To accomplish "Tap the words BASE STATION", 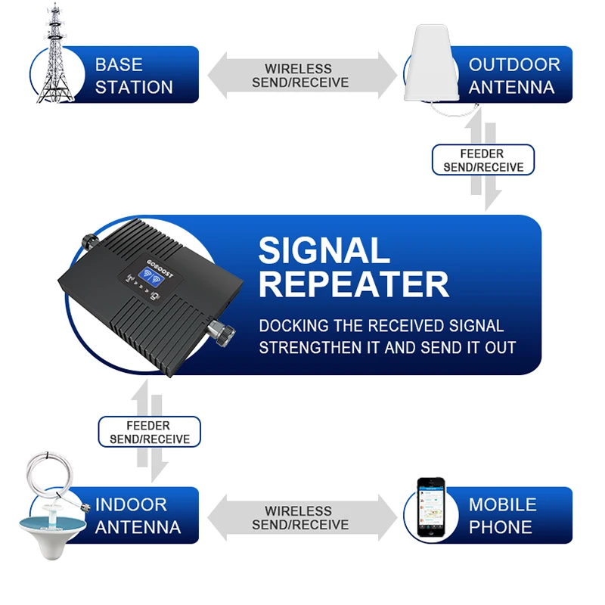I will [x=134, y=76].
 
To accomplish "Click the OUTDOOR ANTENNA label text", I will [x=513, y=76].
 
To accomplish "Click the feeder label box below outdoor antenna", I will [x=483, y=160].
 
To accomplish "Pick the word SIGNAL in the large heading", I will [x=324, y=250].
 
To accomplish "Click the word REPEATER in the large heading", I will [x=354, y=285].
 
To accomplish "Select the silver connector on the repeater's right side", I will [x=220, y=332].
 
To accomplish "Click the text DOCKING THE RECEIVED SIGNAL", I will [x=381, y=326].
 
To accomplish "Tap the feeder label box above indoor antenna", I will [x=149, y=432].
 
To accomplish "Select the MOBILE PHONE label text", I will [x=502, y=516].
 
